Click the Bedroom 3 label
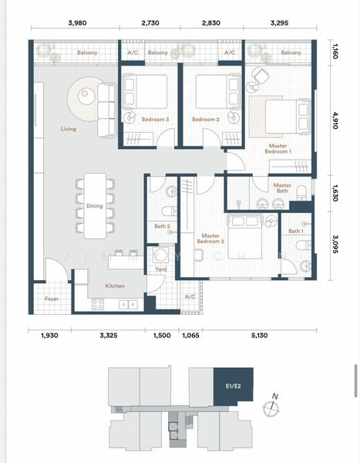point(155,120)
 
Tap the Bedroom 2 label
point(206,120)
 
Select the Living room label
point(69,129)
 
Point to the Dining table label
point(94,206)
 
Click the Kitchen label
point(115,286)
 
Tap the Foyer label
point(52,299)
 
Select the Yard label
point(161,269)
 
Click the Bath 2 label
point(162,226)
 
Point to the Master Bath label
point(282,188)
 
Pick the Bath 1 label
point(296,231)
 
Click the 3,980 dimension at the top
point(77,22)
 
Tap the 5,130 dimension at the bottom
point(260,335)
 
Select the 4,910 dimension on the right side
point(335,120)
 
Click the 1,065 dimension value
point(190,335)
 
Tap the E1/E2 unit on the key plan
point(234,386)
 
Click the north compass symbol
point(271,407)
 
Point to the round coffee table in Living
point(85,94)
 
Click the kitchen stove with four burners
point(98,304)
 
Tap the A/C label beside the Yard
point(190,296)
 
